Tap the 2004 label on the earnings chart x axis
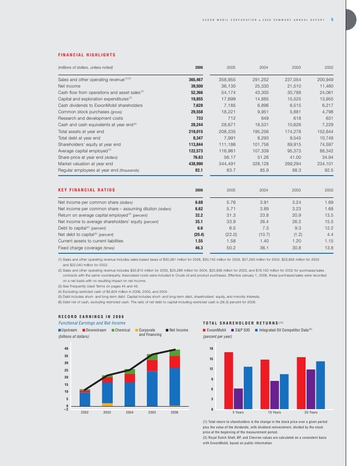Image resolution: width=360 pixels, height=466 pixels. [130, 412]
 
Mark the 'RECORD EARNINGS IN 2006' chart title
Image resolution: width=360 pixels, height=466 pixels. [92, 317]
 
